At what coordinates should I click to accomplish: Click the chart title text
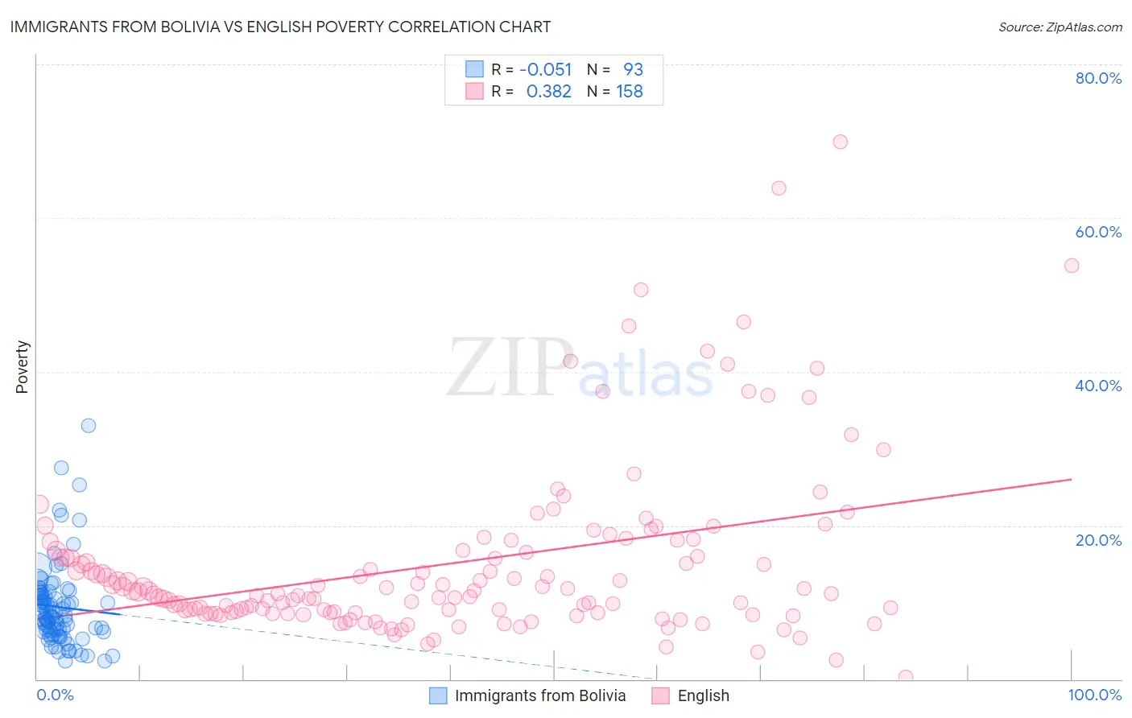coord(280,27)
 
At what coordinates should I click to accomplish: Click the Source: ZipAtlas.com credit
coord(1060,27)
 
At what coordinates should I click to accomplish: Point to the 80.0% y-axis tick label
coord(1098,78)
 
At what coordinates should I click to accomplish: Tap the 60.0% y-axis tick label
coord(1098,232)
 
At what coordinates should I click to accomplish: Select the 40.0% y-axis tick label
coord(1098,386)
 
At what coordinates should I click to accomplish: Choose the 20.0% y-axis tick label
coord(1098,539)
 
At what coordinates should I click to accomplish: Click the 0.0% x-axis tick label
coord(55,695)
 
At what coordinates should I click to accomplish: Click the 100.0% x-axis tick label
coord(1094,695)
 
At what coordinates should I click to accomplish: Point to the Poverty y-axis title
coord(22,366)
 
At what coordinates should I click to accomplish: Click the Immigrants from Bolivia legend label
coord(539,695)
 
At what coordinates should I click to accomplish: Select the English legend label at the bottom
coord(703,695)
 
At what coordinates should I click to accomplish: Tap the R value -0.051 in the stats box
coord(545,69)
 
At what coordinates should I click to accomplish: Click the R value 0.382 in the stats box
coord(548,92)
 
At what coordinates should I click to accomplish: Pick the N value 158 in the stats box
coord(630,92)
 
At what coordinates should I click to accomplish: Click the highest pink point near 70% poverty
coord(840,142)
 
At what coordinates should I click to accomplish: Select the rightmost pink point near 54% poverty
coord(1071,266)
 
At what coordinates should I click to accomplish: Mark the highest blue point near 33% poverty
coord(89,425)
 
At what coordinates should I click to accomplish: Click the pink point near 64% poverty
coord(779,188)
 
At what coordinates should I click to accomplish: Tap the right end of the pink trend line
coord(1071,479)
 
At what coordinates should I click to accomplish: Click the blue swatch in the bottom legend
coord(438,695)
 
